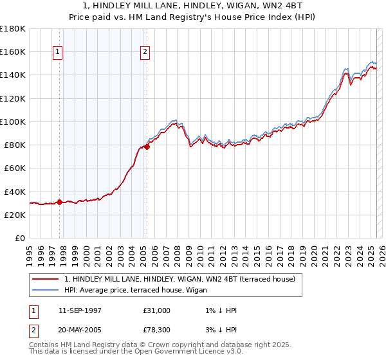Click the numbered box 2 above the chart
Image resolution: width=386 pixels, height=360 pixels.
[145, 52]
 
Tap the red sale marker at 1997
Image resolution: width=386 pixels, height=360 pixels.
[60, 202]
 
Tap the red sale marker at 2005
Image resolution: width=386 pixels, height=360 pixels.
[147, 147]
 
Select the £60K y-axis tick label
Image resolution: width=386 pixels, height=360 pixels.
[15, 168]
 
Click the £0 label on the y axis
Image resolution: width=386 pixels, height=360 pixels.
[19, 238]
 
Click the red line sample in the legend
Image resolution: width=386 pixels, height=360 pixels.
[44, 279]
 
